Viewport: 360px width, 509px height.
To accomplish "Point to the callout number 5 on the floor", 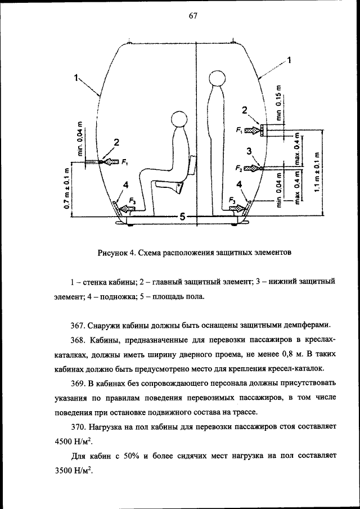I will [x=181, y=216].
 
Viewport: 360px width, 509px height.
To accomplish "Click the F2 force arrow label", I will [x=240, y=168].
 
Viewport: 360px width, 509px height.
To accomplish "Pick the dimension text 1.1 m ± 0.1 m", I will [x=318, y=172].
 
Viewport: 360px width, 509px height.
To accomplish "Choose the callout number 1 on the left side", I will [x=75, y=79].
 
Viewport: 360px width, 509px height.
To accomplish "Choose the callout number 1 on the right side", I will [x=289, y=61].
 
